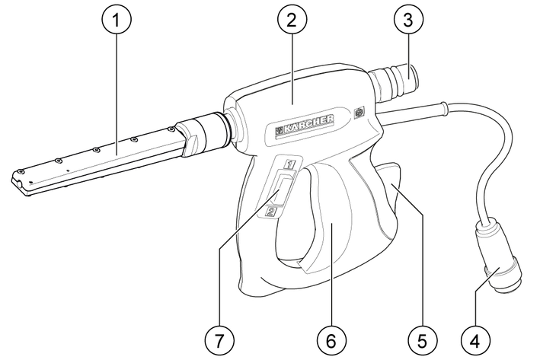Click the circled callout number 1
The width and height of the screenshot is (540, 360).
[117, 20]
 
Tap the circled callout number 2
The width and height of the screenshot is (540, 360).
[292, 20]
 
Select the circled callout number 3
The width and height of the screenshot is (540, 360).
[407, 20]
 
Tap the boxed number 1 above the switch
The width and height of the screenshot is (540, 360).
[290, 164]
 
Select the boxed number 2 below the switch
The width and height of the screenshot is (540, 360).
[271, 212]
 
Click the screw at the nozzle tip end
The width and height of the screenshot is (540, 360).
[21, 171]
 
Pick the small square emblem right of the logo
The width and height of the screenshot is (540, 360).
[359, 113]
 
